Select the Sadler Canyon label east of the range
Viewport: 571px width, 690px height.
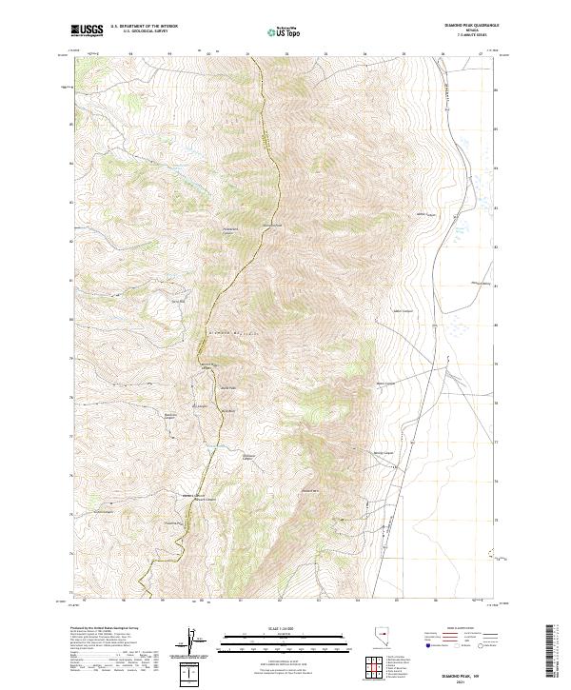(404, 310)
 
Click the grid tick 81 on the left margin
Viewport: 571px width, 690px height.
(69, 280)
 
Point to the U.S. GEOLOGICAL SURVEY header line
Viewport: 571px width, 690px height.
(139, 31)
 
